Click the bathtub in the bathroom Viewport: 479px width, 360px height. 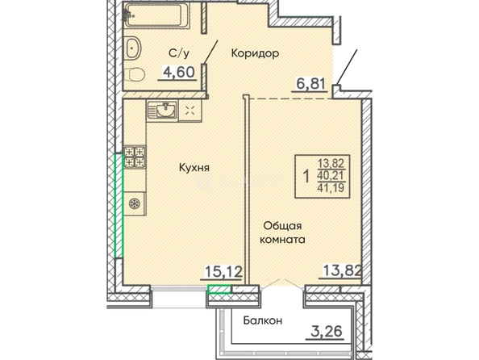(157, 15)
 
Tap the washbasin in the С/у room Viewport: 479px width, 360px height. (133, 48)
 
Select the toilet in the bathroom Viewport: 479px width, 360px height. (135, 74)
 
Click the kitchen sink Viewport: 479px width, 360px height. (162, 111)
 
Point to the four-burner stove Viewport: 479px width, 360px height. (135, 157)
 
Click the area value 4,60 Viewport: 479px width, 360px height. (179, 72)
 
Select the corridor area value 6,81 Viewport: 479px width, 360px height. (310, 83)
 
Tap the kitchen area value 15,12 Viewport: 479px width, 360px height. (223, 271)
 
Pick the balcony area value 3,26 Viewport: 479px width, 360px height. (326, 331)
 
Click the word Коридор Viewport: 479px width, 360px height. (255, 53)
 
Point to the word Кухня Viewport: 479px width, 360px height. (194, 168)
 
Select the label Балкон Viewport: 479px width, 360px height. (263, 320)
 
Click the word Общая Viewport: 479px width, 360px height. (282, 226)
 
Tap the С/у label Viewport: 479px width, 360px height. (179, 53)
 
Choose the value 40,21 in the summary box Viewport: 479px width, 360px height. (331, 176)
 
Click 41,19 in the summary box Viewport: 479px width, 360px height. (331, 187)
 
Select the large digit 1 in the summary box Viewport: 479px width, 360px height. (306, 176)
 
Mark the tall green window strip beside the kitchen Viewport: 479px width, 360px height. (119, 206)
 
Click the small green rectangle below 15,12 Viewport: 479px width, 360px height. (219, 289)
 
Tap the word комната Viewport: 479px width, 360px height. (282, 239)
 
